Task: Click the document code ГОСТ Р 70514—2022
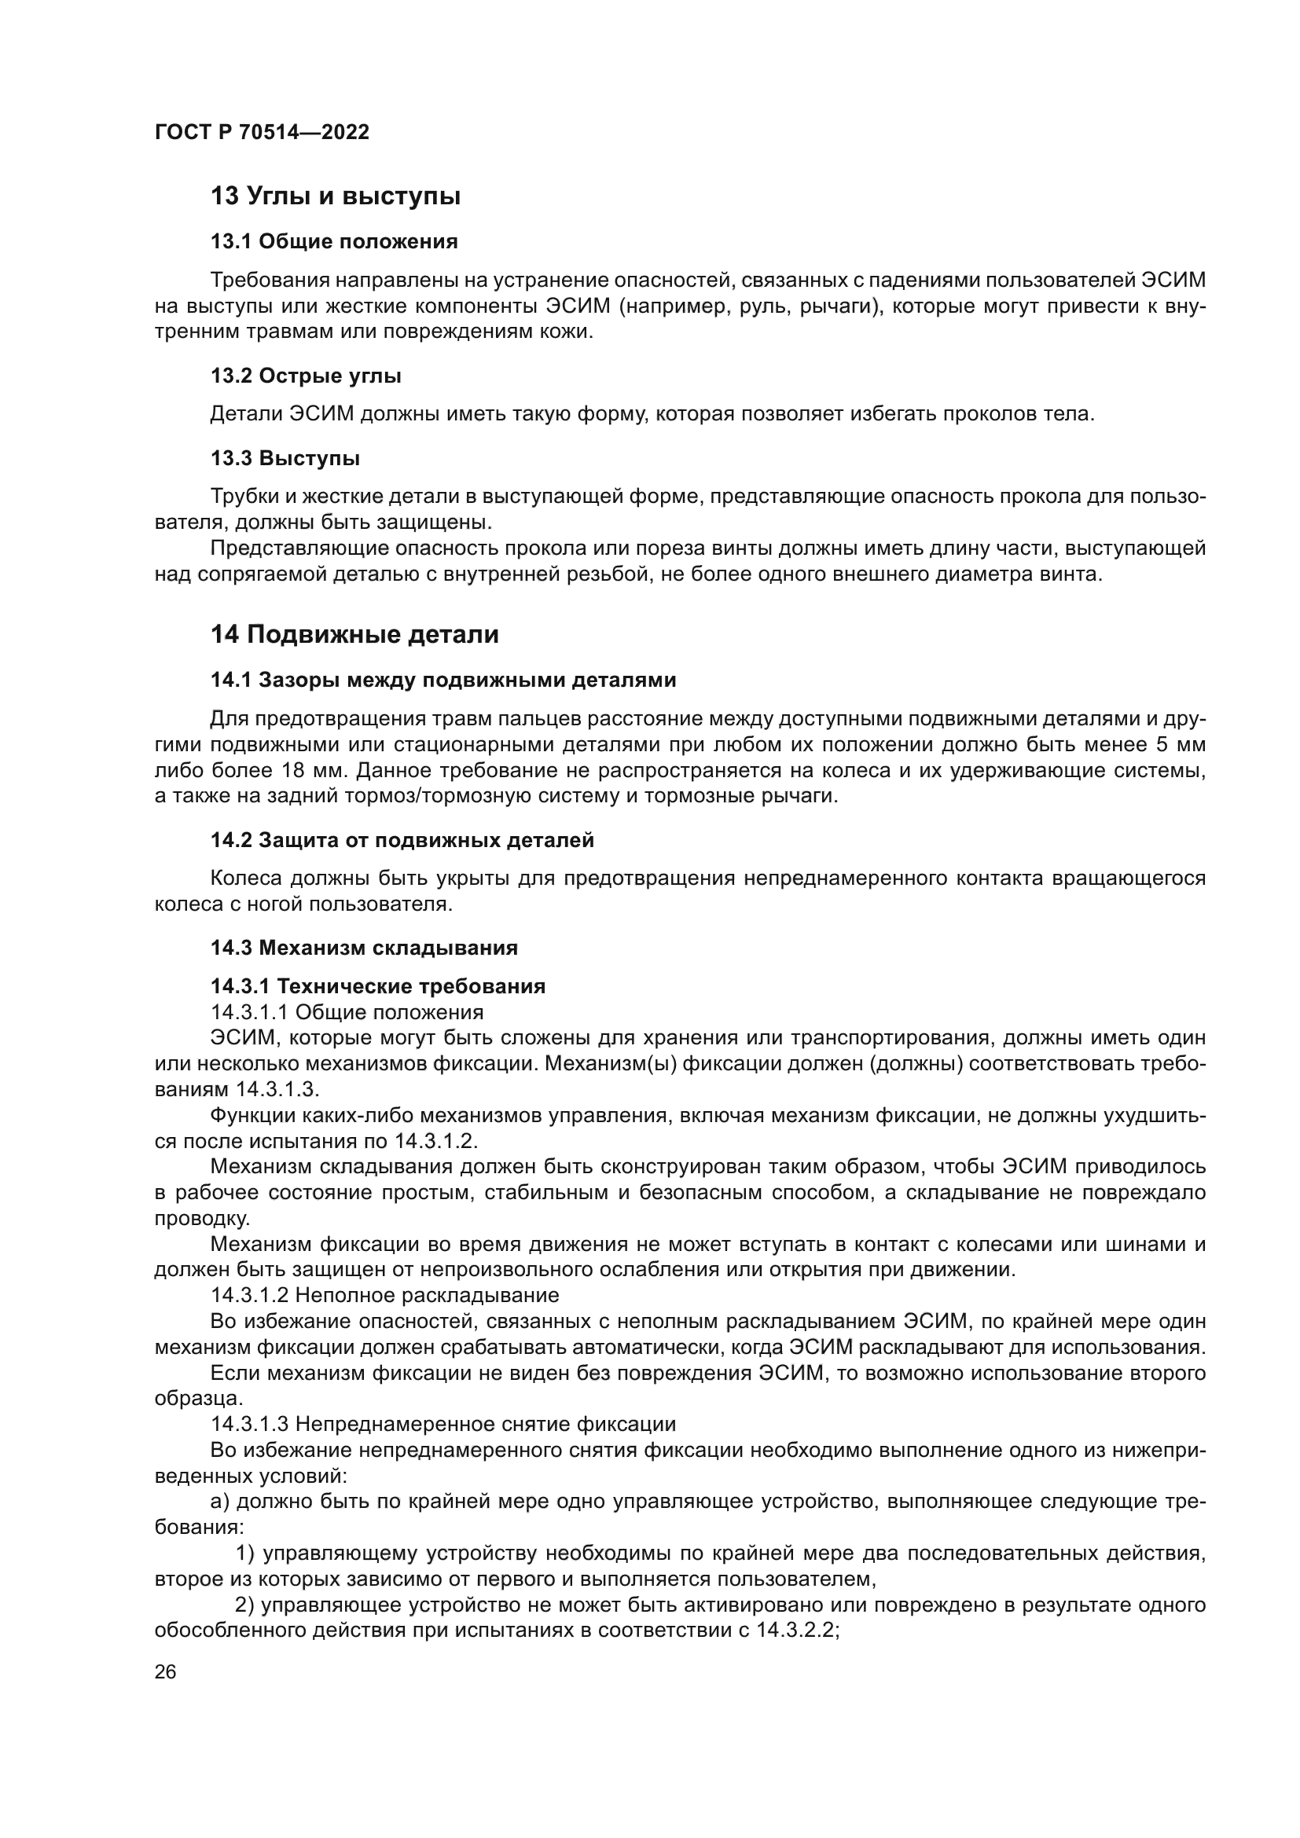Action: pos(262,132)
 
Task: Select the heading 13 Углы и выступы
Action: pos(336,196)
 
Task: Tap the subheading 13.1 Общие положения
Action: pos(334,242)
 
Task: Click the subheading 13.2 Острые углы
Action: pos(306,376)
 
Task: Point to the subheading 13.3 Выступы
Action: pos(285,459)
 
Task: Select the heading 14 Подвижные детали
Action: pos(354,635)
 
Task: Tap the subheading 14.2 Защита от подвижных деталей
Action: pos(402,841)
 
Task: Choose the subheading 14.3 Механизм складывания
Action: pos(364,948)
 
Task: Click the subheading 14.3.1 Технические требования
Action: pos(378,986)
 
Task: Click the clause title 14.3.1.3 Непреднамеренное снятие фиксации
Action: pos(443,1424)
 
